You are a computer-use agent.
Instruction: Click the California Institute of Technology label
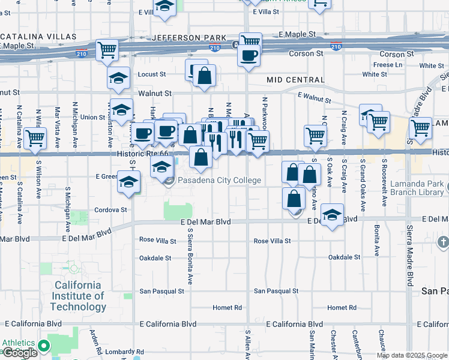78,296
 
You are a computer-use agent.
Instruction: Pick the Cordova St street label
112,210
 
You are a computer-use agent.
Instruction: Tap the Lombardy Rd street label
124,352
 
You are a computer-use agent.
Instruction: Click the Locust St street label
152,74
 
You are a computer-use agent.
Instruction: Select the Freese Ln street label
387,65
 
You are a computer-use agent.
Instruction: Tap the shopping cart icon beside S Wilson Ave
35,137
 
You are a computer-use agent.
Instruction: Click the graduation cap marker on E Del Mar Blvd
332,214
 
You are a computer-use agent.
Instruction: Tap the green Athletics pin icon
43,346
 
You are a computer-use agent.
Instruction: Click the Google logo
20,353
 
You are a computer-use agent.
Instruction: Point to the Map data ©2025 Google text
411,355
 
